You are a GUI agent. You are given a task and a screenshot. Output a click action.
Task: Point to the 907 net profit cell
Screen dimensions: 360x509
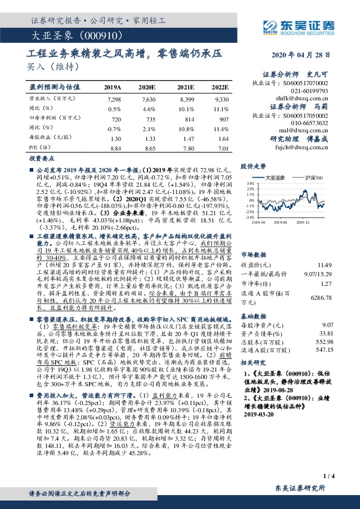223,120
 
